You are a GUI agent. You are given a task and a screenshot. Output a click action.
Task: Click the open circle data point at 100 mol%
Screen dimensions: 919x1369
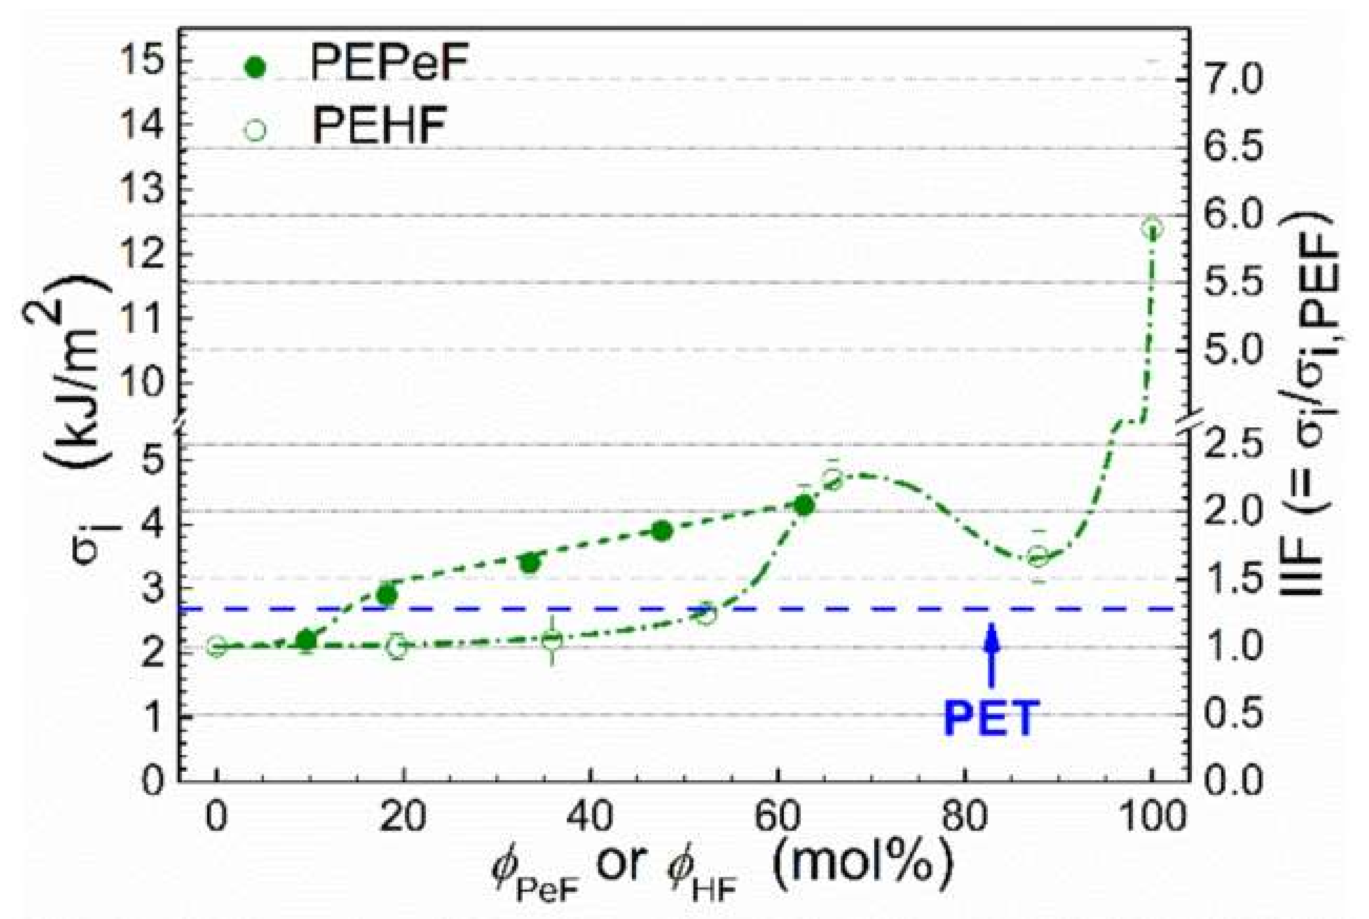coord(1151,229)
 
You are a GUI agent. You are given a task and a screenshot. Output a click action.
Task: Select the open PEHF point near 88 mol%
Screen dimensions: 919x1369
coord(1038,557)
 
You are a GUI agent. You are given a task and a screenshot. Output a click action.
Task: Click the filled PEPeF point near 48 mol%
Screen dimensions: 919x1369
coord(662,531)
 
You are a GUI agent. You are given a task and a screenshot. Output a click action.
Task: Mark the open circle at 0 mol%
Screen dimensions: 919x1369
coord(217,647)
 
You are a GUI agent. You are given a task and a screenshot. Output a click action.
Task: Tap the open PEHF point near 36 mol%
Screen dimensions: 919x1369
coord(552,640)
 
